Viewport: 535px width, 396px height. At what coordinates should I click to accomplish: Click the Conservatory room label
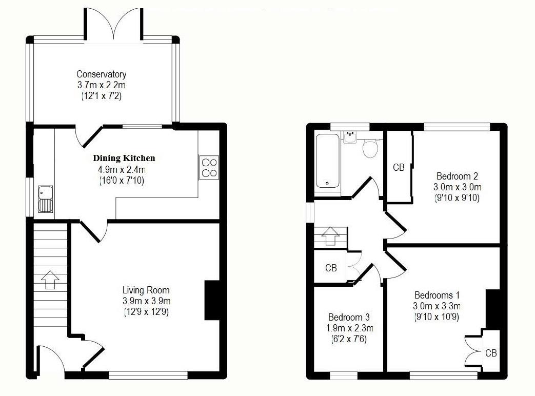(101, 74)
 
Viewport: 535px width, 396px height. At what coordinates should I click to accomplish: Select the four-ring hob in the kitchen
(209, 167)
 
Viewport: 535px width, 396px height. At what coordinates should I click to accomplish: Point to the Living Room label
(146, 290)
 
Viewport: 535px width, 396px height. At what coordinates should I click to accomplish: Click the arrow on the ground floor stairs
(49, 280)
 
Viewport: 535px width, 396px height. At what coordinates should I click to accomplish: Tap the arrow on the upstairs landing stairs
(330, 236)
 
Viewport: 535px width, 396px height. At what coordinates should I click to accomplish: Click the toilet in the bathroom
(370, 148)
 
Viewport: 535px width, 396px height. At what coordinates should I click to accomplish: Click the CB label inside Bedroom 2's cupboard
(399, 168)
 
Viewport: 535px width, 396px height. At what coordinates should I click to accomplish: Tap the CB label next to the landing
(331, 268)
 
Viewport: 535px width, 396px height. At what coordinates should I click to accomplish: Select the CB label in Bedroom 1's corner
(491, 353)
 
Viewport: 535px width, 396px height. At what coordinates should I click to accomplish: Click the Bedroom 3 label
(349, 317)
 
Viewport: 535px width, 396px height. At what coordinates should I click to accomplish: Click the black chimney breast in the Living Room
(212, 300)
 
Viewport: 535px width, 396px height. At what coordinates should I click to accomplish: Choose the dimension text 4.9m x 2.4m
(122, 170)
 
